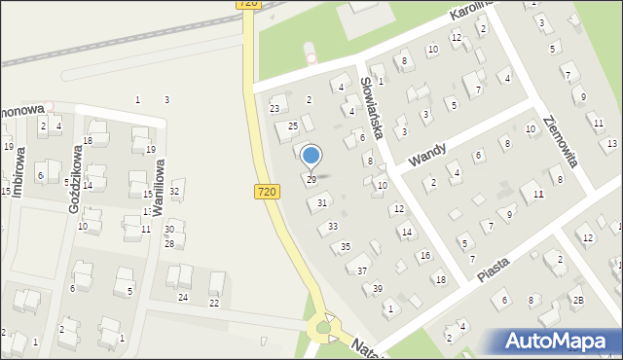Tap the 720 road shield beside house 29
pos(269,193)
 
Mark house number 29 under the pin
pos(311,180)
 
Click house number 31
pos(322,203)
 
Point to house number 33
pos(333,227)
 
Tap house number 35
pos(346,247)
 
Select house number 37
pos(362,270)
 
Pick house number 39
pos(378,288)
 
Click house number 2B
pos(578,300)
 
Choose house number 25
pos(292,127)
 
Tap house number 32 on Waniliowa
pos(174,192)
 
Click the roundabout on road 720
pos(323,330)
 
